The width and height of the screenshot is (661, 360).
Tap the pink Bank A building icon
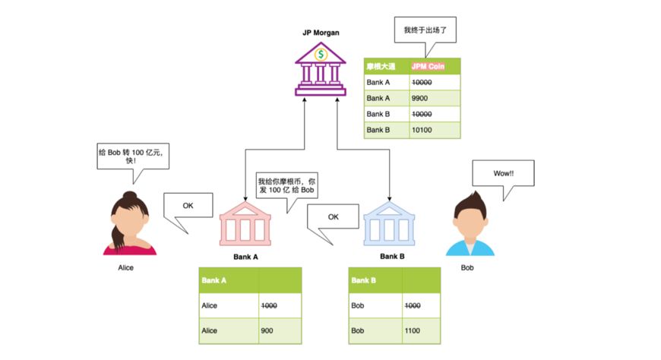point(245,224)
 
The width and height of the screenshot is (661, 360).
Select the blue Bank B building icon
point(389,224)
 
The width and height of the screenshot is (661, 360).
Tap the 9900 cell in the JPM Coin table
point(435,98)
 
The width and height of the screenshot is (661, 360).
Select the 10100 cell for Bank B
point(435,130)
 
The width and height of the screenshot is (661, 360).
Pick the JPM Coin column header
point(435,66)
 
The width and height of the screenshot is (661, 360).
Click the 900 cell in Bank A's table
point(280,331)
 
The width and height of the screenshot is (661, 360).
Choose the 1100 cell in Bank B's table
point(421,331)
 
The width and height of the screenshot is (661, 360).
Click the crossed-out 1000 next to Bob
point(413,305)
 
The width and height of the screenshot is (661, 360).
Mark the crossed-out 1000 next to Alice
point(269,305)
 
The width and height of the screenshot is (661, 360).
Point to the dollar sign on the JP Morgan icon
point(321,54)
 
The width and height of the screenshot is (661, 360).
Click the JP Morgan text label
point(321,33)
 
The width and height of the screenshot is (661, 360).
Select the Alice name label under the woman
point(125,267)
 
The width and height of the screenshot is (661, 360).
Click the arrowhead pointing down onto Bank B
point(390,198)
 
